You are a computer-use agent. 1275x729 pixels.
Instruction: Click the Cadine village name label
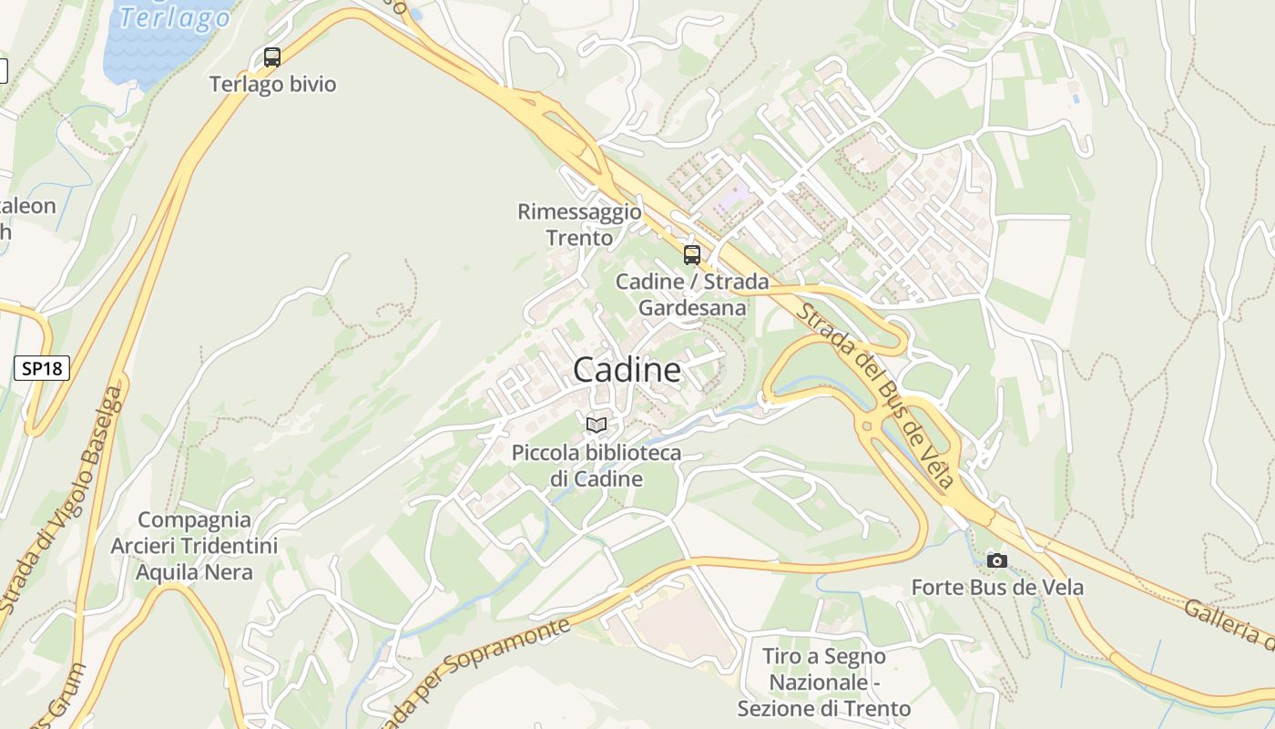point(627,370)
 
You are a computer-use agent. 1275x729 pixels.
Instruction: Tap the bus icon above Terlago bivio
point(271,57)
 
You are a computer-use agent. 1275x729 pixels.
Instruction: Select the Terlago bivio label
point(272,85)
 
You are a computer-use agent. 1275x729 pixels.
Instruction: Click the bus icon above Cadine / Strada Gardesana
point(692,255)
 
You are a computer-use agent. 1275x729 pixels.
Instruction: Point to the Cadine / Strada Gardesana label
point(692,294)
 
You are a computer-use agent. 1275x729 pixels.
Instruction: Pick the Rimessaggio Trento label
point(579,225)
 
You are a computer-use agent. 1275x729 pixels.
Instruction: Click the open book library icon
point(597,425)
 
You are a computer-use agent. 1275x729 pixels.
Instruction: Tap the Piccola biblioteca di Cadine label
point(597,466)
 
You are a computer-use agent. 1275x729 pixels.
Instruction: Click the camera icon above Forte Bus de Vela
point(997,560)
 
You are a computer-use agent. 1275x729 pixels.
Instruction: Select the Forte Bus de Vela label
point(997,588)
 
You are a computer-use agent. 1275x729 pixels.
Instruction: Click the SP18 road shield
point(42,368)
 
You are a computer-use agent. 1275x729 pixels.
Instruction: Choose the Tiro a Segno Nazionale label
point(824,682)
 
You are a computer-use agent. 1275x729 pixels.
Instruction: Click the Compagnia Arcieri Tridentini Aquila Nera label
point(194,546)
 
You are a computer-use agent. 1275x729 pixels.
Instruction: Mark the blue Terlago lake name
point(175,16)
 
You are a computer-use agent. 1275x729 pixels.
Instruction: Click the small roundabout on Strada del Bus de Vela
point(866,425)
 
